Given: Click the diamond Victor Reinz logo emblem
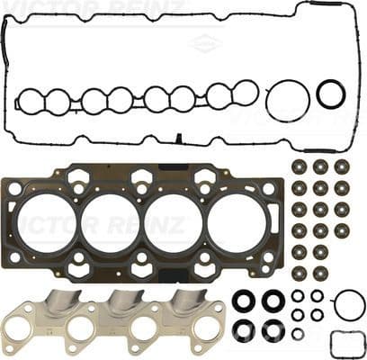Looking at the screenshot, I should point(207,41).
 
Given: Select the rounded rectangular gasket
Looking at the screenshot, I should point(347,344).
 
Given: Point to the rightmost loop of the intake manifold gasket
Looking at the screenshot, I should point(244,92).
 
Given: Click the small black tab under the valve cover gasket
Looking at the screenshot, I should point(178,139).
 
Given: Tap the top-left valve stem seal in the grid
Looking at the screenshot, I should point(299,167).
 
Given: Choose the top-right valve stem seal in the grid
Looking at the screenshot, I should point(342,167).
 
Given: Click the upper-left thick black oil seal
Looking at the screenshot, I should point(243,300).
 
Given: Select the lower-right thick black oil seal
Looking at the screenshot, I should point(272,329).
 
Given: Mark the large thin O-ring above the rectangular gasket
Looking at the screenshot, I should point(349,304).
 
